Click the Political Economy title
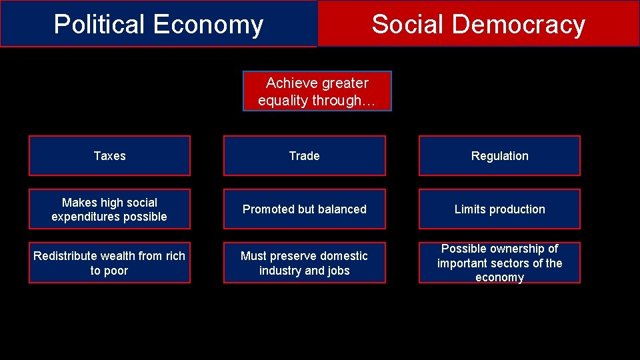coord(159,25)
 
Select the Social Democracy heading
coord(478,25)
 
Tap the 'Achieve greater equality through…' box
coord(317,91)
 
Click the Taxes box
coord(109,156)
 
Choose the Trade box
coord(304,156)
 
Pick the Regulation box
coord(499,156)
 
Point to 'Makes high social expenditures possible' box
coord(109,209)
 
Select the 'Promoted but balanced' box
coord(304,209)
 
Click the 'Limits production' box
coord(499,209)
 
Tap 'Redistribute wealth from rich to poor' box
coord(109,263)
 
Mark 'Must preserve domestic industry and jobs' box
coord(304,263)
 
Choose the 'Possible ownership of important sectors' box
coord(499,263)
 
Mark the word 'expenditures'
coord(86,217)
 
